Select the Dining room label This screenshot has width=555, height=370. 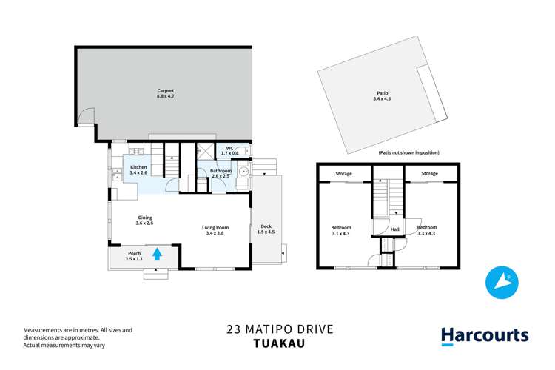tap(144, 220)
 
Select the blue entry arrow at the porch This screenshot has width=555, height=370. tap(157, 255)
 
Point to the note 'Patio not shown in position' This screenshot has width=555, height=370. tap(408, 152)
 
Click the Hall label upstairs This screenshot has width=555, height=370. tap(394, 229)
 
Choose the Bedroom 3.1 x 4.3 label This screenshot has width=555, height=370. tap(341, 230)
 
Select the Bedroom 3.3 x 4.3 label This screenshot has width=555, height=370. tap(427, 230)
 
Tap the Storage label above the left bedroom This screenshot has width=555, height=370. tap(343, 173)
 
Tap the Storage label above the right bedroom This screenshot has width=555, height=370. tap(430, 173)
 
